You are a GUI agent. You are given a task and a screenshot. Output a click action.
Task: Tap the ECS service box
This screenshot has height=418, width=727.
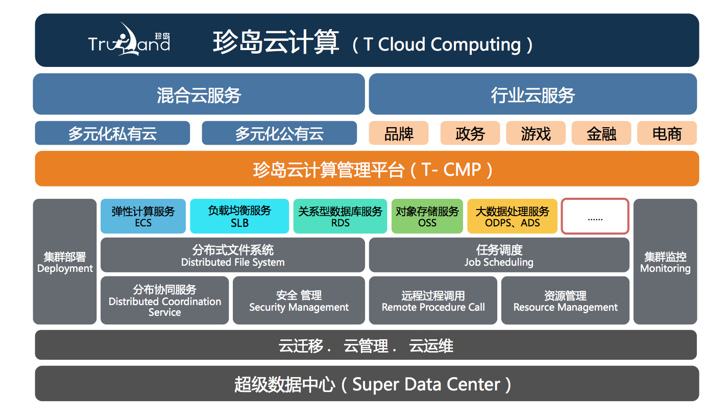coord(143,216)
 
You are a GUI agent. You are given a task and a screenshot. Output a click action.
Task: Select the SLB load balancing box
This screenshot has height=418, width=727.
coord(239,216)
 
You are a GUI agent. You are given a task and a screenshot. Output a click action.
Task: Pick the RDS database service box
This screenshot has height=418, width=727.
coord(340,216)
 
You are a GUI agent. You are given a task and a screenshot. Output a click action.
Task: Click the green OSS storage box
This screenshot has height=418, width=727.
coord(427,216)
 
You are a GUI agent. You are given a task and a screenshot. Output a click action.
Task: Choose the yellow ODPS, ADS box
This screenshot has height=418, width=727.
coord(512,216)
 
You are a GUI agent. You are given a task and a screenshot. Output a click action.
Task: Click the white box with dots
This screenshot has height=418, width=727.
coord(595,216)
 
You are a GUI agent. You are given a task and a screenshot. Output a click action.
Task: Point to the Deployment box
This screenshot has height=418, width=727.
coord(65,262)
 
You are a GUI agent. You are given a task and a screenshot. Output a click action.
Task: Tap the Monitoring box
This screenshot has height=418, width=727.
coord(665,262)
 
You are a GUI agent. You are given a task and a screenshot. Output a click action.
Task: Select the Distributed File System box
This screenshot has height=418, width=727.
coord(233,255)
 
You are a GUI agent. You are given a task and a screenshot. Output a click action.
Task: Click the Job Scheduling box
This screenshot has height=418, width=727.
coord(499,255)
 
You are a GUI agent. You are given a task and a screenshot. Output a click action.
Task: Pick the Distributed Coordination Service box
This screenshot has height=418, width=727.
coord(164,300)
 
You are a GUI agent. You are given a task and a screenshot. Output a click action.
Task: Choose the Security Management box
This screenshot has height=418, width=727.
coord(299,300)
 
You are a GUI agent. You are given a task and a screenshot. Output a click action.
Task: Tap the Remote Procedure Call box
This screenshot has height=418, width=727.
coord(433,300)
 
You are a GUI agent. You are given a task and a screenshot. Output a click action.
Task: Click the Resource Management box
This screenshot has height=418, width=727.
coord(565,300)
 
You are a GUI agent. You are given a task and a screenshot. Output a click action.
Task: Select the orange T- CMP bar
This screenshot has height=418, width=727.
coord(367,169)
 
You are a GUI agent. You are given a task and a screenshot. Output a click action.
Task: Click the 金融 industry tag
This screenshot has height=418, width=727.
coord(601,133)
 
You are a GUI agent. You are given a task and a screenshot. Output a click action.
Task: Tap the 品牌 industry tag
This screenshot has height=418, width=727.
coord(399,133)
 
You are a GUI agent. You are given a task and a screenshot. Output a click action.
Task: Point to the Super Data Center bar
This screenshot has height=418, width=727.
coord(367,383)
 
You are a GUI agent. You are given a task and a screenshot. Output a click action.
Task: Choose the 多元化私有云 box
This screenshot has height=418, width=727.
coord(112,133)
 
